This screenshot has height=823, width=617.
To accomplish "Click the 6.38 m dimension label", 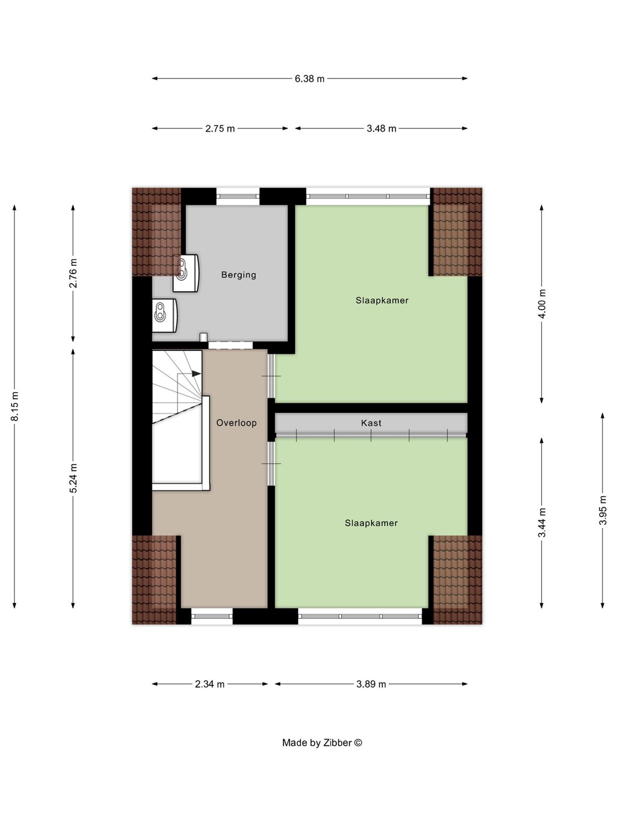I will tap(309, 79).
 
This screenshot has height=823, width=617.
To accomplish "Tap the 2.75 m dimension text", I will tap(220, 128).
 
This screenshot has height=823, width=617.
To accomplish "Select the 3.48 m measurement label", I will tap(381, 128).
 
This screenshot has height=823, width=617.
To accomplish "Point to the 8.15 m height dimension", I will tap(15, 406).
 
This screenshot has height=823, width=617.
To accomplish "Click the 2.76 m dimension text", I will tap(73, 273).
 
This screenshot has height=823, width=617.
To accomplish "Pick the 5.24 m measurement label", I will tap(73, 478).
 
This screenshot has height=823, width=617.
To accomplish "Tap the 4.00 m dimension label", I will tap(542, 303).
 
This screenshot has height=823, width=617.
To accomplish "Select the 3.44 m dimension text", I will tap(542, 522).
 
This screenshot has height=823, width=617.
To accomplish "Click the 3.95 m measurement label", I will tap(603, 510).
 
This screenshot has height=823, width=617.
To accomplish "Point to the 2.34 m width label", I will tap(209, 684).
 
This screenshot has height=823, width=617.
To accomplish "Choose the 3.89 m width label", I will tap(371, 684).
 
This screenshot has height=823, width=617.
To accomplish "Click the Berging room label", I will tap(238, 275).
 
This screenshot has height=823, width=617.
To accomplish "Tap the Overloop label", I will tap(236, 423).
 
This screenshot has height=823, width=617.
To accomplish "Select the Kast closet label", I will tap(371, 423).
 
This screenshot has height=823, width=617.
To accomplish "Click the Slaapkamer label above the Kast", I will tap(382, 300).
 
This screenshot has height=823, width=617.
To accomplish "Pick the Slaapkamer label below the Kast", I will tap(371, 523).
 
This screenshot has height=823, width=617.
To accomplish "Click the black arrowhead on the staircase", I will tap(196, 373).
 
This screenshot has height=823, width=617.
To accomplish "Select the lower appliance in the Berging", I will tap(164, 315).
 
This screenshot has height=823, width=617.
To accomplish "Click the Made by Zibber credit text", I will tap(322, 743).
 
